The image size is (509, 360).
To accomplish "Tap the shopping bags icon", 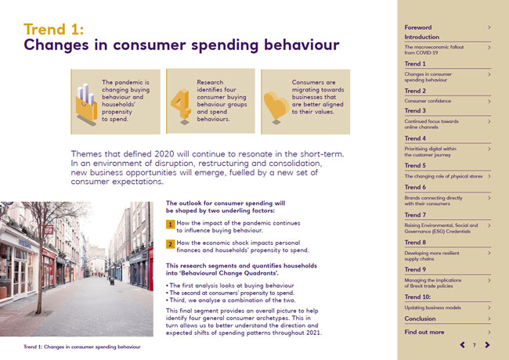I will [85, 100].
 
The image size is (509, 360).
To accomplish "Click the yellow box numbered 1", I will [170, 224].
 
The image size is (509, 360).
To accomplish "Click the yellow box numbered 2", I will [170, 244].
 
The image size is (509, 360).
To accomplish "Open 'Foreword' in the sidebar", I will [418, 27].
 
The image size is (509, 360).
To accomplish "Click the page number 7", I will [474, 345].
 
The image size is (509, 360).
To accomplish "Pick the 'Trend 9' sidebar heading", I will [415, 268].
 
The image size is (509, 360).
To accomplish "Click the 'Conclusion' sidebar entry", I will [421, 319].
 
